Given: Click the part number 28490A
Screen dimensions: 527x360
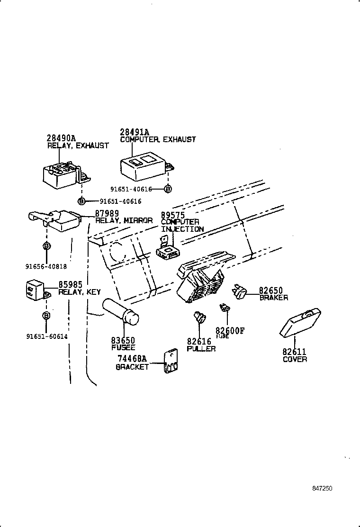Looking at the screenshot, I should (61, 138).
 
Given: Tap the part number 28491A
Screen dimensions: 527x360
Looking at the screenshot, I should (135, 132).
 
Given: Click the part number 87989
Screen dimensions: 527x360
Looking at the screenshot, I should (107, 214).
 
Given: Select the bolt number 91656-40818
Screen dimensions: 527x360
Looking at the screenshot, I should (46, 266).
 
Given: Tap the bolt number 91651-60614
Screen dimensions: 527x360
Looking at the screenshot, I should (46, 336).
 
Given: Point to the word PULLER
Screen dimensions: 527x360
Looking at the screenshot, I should (201, 349).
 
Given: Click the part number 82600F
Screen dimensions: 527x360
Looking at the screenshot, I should (230, 330).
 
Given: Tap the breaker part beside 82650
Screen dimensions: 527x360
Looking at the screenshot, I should (239, 293).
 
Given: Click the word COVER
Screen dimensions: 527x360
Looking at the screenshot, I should (295, 359).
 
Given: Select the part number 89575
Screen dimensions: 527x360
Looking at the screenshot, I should (172, 215).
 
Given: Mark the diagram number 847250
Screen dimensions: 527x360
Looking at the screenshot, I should (322, 488).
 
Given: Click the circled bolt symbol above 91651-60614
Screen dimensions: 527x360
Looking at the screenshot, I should (46, 315).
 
